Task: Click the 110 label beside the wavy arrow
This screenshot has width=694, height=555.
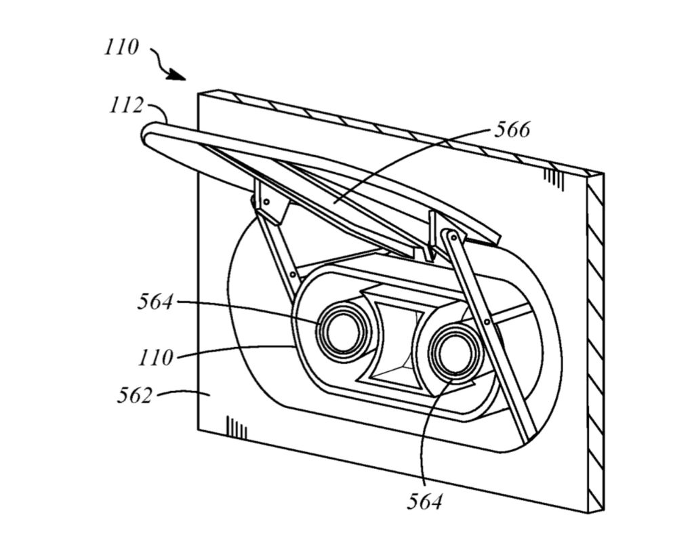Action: click(121, 47)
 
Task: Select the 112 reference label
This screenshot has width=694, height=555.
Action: click(127, 106)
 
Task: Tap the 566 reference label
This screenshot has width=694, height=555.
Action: click(512, 129)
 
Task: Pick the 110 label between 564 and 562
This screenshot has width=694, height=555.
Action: click(155, 358)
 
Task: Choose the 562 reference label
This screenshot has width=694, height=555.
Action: click(134, 395)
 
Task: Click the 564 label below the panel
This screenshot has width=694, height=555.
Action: click(424, 501)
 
